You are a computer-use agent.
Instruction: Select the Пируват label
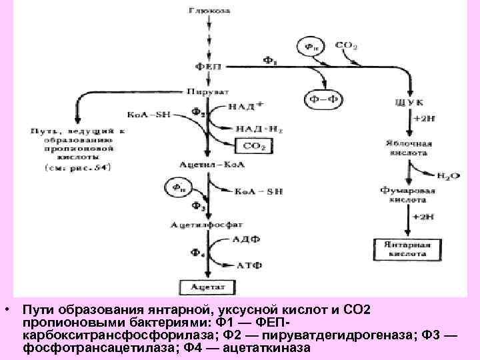(208, 89)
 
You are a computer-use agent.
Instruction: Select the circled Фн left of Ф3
(177, 187)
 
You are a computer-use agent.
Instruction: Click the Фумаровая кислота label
(409, 194)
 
